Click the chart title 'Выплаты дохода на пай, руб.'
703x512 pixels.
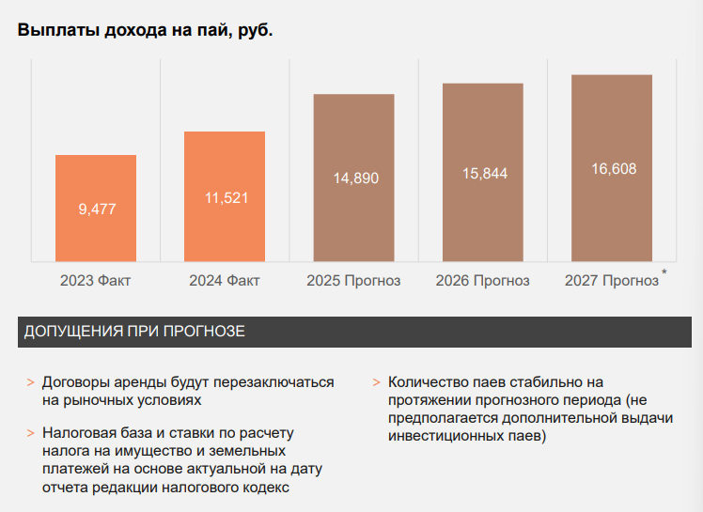(145, 30)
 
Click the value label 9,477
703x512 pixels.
(97, 209)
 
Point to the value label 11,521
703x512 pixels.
(225, 197)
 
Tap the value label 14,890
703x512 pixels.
(354, 178)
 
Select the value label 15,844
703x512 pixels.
(483, 174)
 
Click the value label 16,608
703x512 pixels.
(613, 169)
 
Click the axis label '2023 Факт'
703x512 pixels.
(95, 281)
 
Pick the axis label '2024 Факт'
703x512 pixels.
(224, 281)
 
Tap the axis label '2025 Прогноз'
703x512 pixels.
(353, 281)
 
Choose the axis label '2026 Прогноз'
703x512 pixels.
(482, 281)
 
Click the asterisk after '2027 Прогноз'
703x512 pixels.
(664, 273)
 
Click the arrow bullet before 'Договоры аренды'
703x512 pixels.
(30, 383)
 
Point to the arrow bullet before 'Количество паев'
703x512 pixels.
(376, 383)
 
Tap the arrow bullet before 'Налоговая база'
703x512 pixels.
(30, 434)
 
